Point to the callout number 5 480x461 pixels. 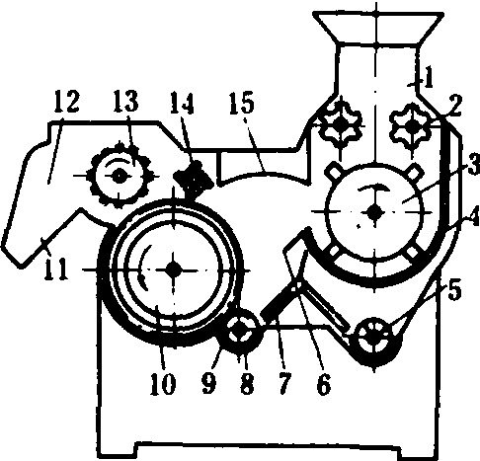[x=454, y=290]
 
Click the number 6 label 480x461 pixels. [x=323, y=384]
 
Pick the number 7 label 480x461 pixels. [x=284, y=384]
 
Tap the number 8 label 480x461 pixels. [x=247, y=384]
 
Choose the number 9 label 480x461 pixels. [x=209, y=384]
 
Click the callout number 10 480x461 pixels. [x=163, y=384]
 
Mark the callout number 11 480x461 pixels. [x=56, y=269]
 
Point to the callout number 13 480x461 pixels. [x=126, y=101]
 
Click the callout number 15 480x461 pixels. [x=242, y=103]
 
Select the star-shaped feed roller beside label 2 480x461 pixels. [x=410, y=127]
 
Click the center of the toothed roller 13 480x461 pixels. [x=119, y=177]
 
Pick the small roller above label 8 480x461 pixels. [x=242, y=332]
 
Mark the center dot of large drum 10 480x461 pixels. [x=174, y=269]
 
